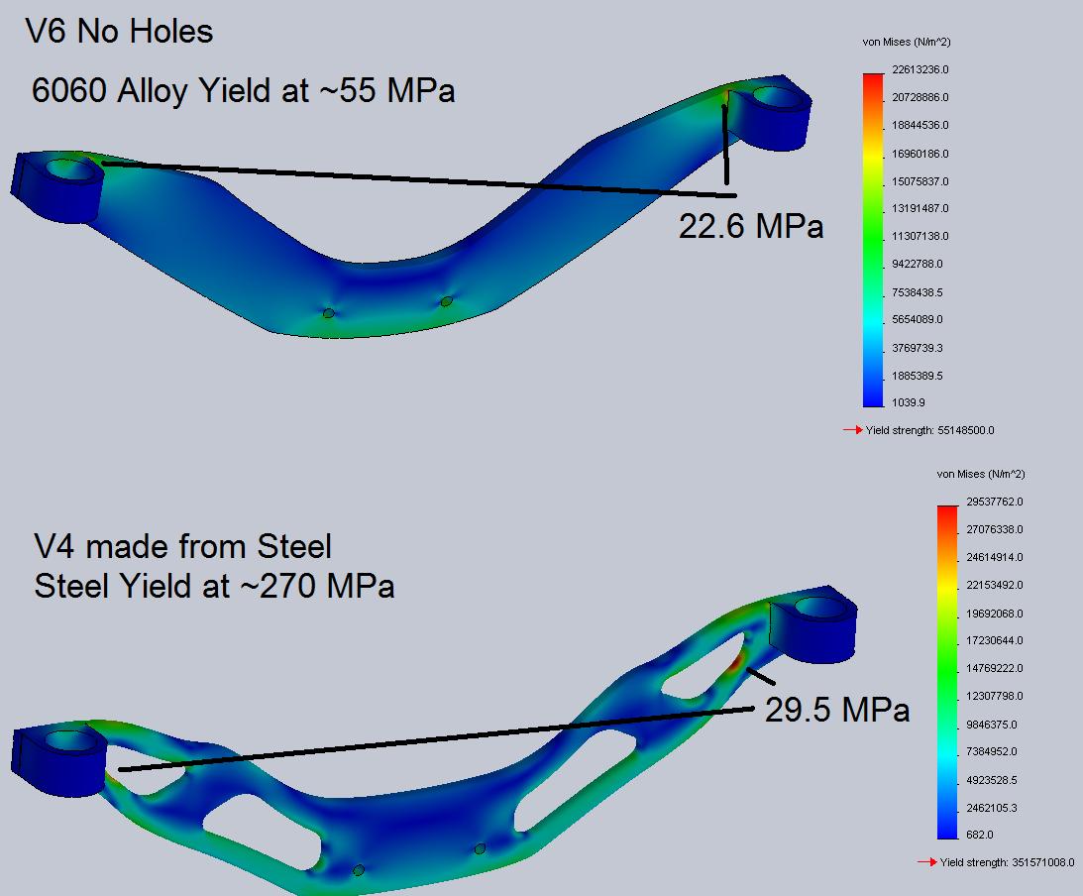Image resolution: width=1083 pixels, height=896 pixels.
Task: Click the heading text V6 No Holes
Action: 119,32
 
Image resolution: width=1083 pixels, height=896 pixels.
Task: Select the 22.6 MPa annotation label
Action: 751,226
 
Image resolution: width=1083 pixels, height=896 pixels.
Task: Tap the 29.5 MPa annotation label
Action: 837,710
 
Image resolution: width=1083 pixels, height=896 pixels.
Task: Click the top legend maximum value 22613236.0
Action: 920,69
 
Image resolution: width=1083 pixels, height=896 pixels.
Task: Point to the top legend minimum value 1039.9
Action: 909,402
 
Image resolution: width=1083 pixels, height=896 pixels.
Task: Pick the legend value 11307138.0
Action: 920,236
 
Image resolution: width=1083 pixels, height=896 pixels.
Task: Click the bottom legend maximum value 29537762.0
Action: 995,502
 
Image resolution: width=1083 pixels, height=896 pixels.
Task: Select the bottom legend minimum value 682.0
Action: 979,835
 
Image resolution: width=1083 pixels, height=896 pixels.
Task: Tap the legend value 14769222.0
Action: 995,668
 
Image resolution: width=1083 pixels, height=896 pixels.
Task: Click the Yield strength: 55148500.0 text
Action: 929,430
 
